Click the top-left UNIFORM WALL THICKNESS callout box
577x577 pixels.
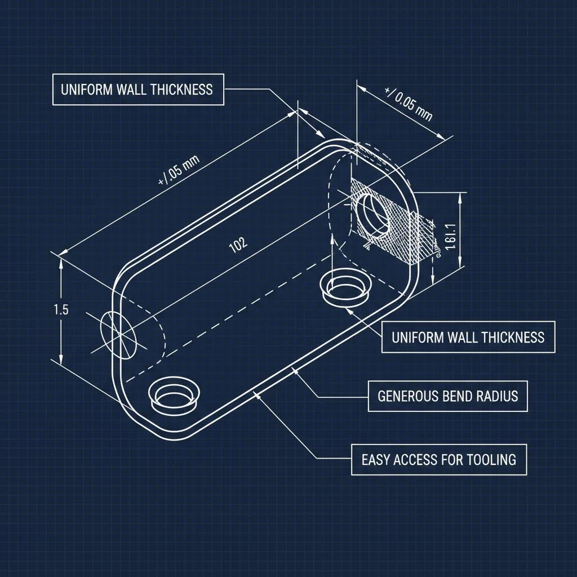pyautogui.click(x=138, y=89)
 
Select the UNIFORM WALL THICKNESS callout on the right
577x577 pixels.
pyautogui.click(x=468, y=337)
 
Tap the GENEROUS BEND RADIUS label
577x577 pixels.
pyautogui.click(x=447, y=396)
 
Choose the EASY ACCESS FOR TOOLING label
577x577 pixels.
pyautogui.click(x=438, y=459)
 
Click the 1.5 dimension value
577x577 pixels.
pyautogui.click(x=61, y=309)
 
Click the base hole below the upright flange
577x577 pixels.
pyautogui.click(x=345, y=287)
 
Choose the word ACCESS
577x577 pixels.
pyautogui.click(x=417, y=459)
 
